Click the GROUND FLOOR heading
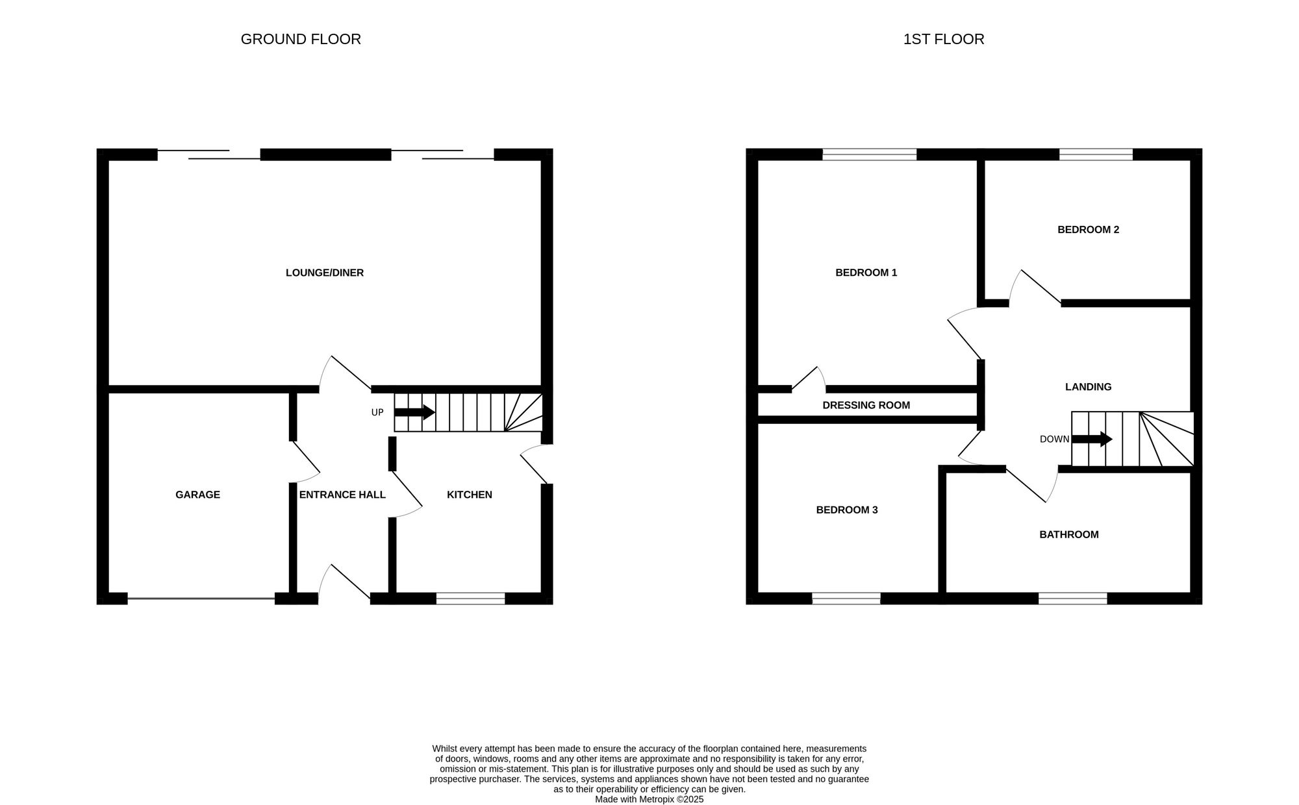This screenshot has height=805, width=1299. point(301,40)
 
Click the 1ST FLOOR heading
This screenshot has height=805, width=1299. point(943,40)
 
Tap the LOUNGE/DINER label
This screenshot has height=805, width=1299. point(325,273)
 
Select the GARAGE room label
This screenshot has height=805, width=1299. point(197,495)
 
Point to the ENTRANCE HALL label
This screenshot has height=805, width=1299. point(342,495)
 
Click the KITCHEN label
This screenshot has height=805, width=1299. point(469,495)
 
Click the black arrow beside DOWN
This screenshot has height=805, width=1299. point(1092,440)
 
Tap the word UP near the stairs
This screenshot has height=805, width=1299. point(377,413)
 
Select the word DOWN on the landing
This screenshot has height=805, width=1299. point(1053,440)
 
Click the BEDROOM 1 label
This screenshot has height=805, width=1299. point(866,273)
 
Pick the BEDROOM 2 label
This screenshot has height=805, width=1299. point(1088,230)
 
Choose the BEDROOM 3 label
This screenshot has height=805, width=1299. point(846,510)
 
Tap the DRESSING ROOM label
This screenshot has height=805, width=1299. point(866,406)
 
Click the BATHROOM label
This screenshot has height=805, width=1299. point(1068,535)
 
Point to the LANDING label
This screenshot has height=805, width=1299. point(1088,387)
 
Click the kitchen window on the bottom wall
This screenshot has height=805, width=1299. point(470,599)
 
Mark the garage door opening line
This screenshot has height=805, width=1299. point(201,599)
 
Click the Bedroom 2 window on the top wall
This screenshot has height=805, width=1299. point(1096,155)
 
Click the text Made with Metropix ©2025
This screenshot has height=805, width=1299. point(649,800)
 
